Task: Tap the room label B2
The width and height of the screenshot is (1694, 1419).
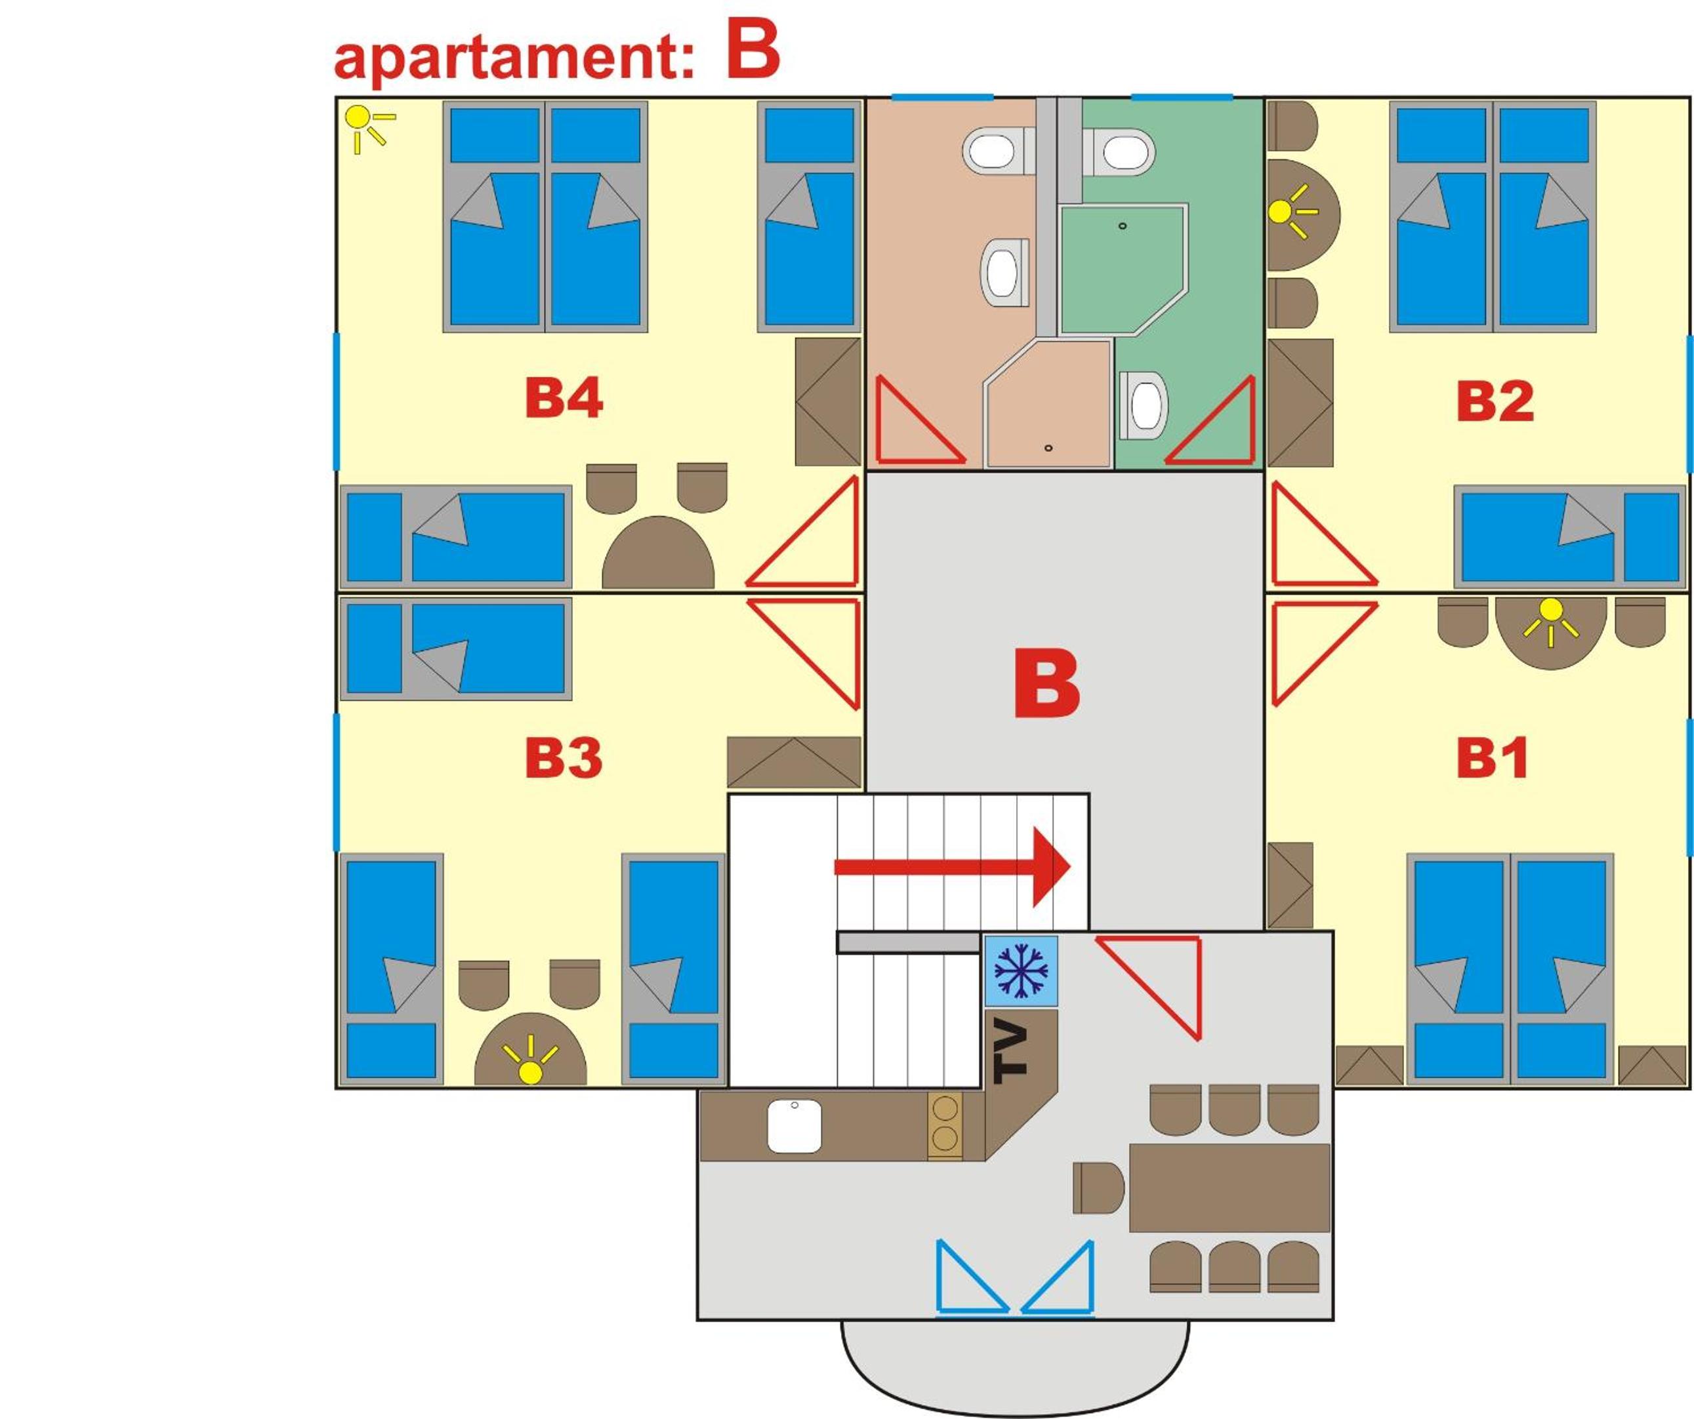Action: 1495,401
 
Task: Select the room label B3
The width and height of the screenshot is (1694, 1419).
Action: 564,758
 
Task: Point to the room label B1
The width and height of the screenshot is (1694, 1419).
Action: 1491,758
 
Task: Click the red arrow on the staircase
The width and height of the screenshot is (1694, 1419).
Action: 952,867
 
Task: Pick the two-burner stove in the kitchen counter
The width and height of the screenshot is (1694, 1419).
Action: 945,1125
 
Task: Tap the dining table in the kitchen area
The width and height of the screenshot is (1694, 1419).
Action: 1229,1188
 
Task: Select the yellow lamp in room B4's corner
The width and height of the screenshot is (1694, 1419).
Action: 367,126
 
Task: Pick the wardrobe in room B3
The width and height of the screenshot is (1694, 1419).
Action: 795,761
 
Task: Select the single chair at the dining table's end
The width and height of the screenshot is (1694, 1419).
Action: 1098,1188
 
